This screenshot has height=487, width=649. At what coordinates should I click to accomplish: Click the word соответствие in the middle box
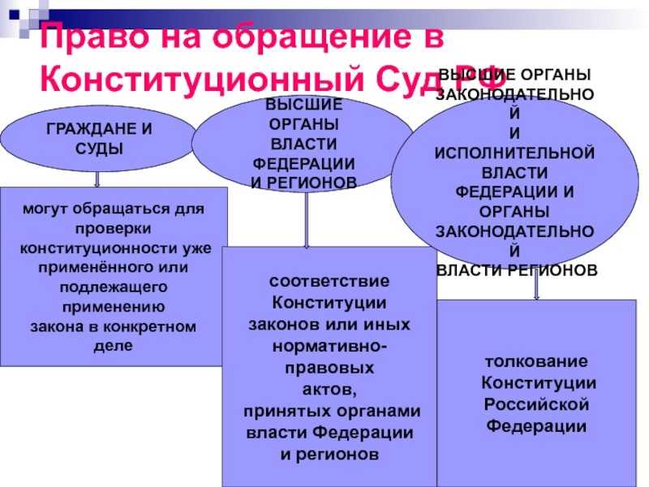point(329,282)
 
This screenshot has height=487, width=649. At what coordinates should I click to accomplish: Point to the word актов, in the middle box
point(329,388)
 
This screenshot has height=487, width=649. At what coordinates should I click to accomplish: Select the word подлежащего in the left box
point(114,287)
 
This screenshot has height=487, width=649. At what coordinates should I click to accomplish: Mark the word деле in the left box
point(114,346)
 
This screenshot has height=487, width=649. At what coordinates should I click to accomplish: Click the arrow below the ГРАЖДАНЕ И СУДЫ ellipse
point(97,177)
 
